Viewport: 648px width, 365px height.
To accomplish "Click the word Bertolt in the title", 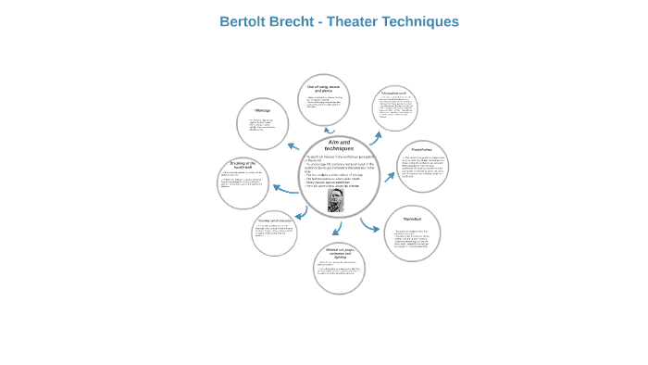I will pyautogui.click(x=244, y=21).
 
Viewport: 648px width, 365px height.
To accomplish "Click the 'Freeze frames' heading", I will pyautogui.click(x=422, y=148).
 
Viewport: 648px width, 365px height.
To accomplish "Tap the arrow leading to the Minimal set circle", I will pyautogui.click(x=337, y=229).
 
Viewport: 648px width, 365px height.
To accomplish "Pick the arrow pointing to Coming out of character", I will pyautogui.click(x=300, y=215).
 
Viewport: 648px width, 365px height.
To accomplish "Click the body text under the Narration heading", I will pyautogui.click(x=412, y=238).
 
